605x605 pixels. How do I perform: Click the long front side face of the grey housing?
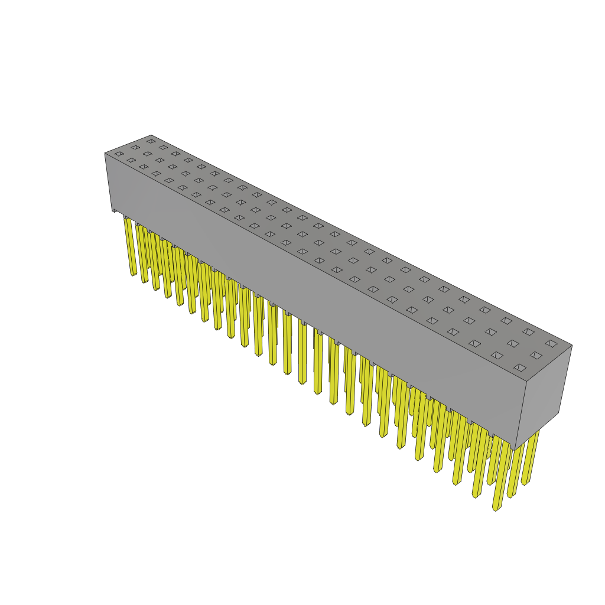click(313, 295)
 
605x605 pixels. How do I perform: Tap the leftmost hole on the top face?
click(119, 154)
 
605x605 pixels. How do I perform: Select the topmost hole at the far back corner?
click(151, 141)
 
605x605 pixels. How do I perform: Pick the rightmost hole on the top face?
click(551, 343)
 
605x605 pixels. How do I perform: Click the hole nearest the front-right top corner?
click(520, 367)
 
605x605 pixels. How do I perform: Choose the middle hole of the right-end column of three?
click(536, 355)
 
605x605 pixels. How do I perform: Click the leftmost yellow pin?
click(130, 245)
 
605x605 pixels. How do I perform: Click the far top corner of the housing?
click(151, 135)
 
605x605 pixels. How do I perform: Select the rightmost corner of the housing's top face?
click(572, 345)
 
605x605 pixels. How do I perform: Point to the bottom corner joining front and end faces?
click(515, 450)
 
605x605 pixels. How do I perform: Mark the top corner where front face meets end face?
click(526, 381)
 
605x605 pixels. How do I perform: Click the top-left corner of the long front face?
click(105, 154)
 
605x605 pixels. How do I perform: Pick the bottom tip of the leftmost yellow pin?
click(134, 275)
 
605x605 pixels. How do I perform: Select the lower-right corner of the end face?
click(558, 412)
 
